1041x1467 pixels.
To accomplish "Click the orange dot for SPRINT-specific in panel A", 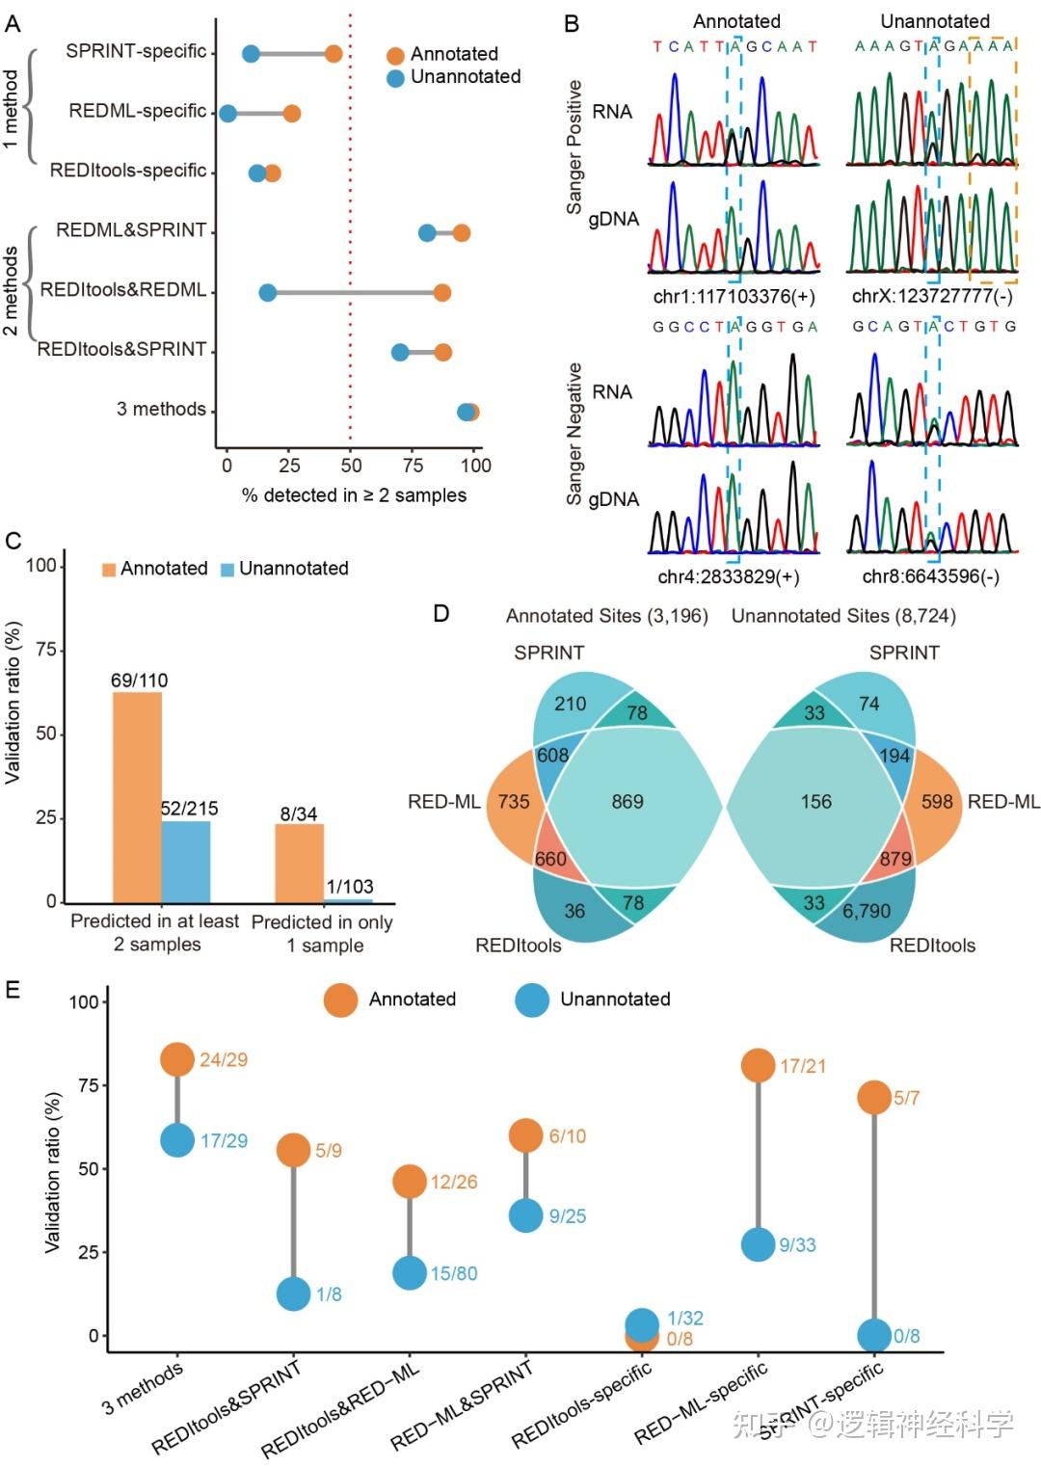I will click(333, 53).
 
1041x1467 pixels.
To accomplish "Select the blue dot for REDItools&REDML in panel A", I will click(267, 292).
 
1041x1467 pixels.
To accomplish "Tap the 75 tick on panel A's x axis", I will click(413, 466).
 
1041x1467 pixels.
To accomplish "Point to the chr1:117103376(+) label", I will click(734, 296).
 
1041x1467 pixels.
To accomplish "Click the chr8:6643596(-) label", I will click(930, 576).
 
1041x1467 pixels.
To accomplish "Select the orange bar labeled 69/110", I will click(137, 796).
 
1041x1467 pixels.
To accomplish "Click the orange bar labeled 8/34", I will click(299, 863).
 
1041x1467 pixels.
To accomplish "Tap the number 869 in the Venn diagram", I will click(627, 801).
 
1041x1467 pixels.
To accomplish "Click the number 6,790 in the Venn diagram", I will click(867, 910).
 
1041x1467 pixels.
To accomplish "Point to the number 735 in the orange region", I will click(513, 801).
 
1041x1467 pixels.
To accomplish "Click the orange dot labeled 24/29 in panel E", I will click(177, 1059).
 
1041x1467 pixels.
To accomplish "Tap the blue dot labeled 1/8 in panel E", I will click(294, 1294).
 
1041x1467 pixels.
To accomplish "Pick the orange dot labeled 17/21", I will click(759, 1065).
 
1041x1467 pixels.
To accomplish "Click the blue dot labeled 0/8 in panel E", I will click(874, 1335).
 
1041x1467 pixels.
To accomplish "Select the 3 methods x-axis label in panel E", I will click(143, 1389).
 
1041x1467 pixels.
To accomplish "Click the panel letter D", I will click(441, 614).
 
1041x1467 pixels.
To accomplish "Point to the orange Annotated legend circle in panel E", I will click(340, 1000).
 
